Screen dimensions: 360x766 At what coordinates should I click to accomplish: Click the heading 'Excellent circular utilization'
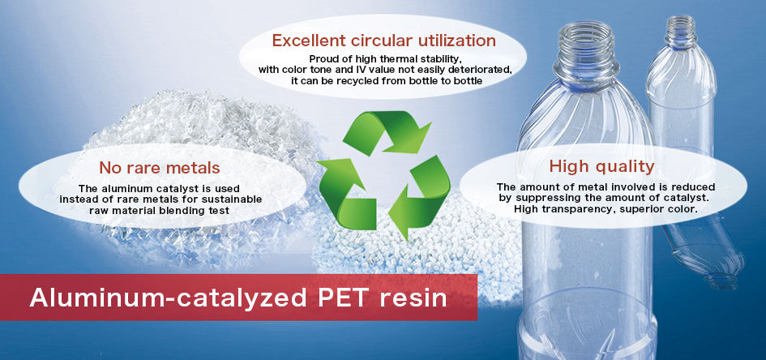pos(383,40)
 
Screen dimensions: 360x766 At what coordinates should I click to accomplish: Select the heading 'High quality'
pos(601,166)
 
